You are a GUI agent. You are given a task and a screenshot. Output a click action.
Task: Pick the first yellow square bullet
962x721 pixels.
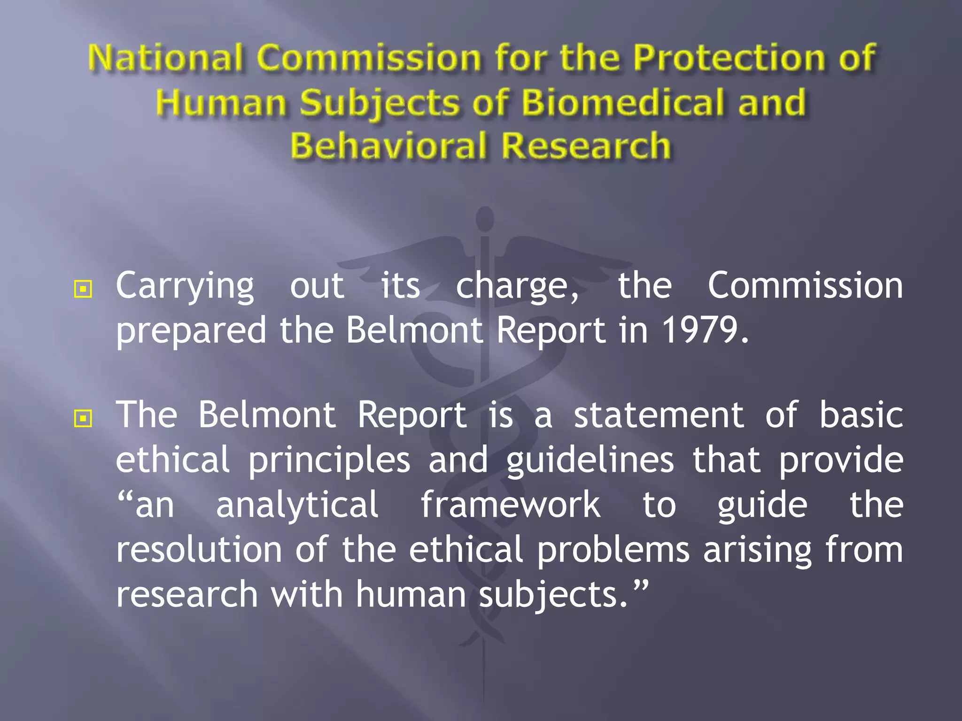(x=83, y=289)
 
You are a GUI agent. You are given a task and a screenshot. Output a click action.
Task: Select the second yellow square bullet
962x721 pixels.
(x=83, y=418)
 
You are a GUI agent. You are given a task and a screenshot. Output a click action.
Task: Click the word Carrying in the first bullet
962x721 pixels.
(x=185, y=286)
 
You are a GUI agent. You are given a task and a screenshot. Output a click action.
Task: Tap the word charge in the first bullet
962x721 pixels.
(x=517, y=286)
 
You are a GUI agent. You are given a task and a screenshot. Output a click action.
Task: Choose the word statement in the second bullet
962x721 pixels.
(x=659, y=415)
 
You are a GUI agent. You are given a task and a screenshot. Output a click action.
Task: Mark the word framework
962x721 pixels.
(x=510, y=505)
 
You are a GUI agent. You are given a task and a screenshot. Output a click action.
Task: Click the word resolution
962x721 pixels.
(x=199, y=550)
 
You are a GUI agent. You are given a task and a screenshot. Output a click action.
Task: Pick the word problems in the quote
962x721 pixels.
(x=613, y=550)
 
